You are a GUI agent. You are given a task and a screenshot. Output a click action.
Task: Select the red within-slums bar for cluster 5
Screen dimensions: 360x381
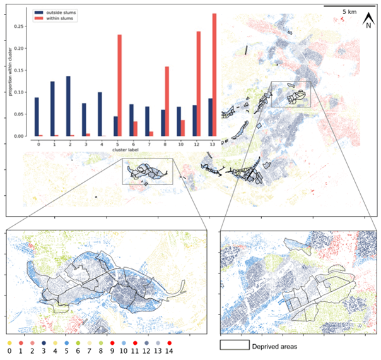click(x=119, y=85)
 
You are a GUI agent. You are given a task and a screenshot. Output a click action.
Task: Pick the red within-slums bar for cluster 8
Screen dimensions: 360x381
click(x=167, y=101)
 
